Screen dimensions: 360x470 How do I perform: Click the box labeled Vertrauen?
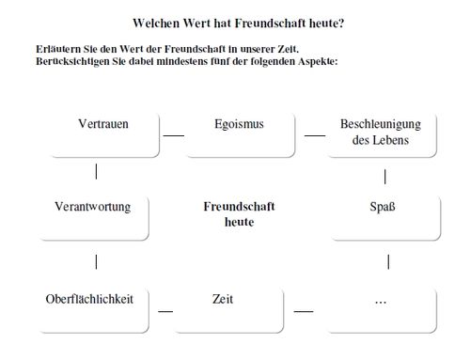pyautogui.click(x=103, y=134)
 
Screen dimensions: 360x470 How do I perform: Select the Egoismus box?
pyautogui.click(x=239, y=134)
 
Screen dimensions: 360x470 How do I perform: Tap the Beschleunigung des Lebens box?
pyautogui.click(x=380, y=134)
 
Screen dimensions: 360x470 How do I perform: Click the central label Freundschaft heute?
pyautogui.click(x=240, y=213)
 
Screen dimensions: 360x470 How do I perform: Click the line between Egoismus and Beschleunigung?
pyautogui.click(x=314, y=136)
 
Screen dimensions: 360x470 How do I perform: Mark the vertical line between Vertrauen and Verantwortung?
pyautogui.click(x=97, y=172)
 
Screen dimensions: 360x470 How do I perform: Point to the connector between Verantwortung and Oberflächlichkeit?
pyautogui.click(x=97, y=260)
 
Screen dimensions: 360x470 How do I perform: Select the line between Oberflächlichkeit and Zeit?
pyautogui.click(x=166, y=309)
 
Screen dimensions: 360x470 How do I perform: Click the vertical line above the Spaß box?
pyautogui.click(x=385, y=176)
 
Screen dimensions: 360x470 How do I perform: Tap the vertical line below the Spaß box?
pyautogui.click(x=389, y=261)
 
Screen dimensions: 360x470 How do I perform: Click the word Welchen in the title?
pyautogui.click(x=154, y=22)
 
